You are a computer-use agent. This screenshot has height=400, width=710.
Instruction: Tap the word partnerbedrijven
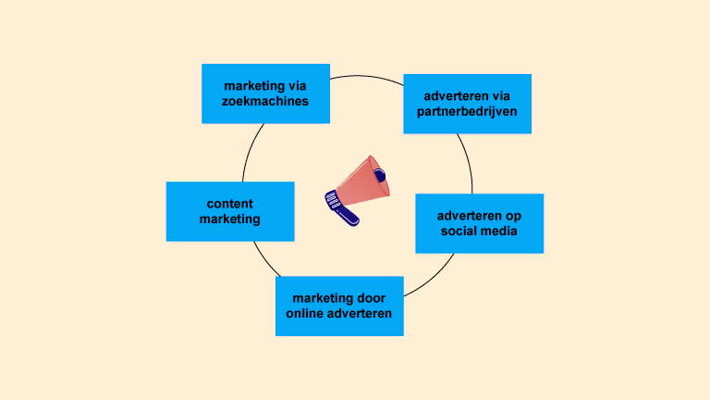coord(467,111)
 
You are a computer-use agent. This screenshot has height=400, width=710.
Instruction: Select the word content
coord(230,204)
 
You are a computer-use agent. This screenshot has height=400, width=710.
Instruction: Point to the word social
coord(459,231)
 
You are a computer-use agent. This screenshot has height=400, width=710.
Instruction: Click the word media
coord(499,231)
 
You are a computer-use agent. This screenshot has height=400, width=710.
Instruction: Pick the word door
coord(380,298)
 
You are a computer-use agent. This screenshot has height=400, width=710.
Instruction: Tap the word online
coord(308,314)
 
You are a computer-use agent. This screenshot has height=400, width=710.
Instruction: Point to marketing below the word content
coord(230,219)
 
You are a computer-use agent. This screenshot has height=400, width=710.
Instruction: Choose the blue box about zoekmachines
coord(265,94)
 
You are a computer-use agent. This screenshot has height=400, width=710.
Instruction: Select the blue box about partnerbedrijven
coord(467,104)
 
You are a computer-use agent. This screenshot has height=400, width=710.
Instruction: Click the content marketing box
coord(230,211)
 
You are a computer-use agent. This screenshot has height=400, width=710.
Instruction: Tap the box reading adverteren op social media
coord(479,223)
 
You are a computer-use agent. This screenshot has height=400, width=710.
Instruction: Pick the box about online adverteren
coord(339,306)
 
